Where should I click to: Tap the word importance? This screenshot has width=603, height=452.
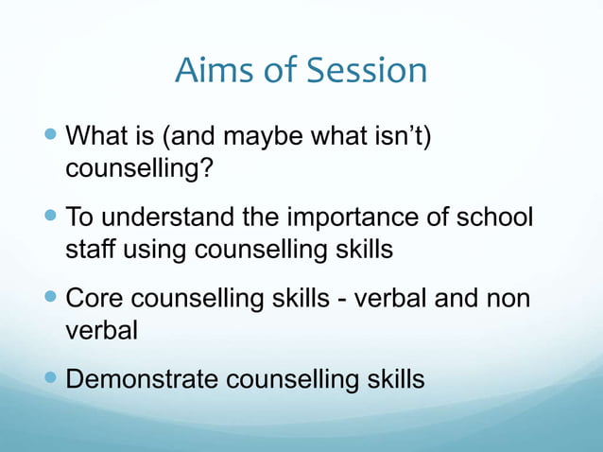[x=357, y=218]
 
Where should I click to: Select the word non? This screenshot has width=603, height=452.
[x=508, y=299]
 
